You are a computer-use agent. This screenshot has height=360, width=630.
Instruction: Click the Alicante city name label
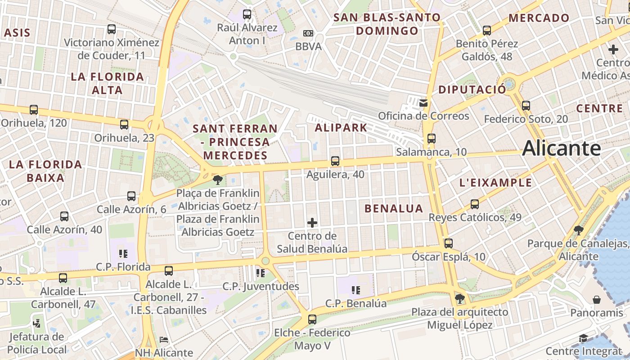(x=561, y=148)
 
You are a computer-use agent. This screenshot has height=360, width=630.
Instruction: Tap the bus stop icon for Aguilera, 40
(x=335, y=161)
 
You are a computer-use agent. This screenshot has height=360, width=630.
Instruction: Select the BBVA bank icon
(x=308, y=33)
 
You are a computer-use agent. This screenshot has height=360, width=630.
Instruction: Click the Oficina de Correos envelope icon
(x=423, y=103)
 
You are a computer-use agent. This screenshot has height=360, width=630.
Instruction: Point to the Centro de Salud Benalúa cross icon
(x=312, y=223)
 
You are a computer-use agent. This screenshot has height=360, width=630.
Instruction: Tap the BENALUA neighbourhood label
(x=394, y=208)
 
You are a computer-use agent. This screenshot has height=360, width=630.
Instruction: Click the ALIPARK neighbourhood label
(x=341, y=127)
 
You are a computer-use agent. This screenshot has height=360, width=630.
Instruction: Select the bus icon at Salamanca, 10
(x=431, y=139)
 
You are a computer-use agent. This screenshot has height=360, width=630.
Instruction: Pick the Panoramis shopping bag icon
(x=597, y=300)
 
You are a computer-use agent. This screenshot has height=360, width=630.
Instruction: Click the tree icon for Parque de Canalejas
(x=579, y=231)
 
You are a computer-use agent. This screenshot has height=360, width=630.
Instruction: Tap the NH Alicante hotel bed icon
(x=164, y=340)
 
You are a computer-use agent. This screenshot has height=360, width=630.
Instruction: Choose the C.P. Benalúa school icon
(x=355, y=290)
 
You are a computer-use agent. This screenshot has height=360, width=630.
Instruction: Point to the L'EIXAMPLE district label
(x=495, y=183)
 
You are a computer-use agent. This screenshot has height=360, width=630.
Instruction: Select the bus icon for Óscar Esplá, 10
(x=448, y=243)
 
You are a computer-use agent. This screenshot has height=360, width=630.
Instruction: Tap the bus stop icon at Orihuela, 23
(x=124, y=125)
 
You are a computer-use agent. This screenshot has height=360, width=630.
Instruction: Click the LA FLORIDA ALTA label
(x=107, y=83)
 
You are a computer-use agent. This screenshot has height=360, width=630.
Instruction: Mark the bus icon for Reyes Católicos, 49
(x=474, y=204)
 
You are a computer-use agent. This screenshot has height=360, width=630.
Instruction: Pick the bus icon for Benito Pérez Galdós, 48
(x=486, y=31)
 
